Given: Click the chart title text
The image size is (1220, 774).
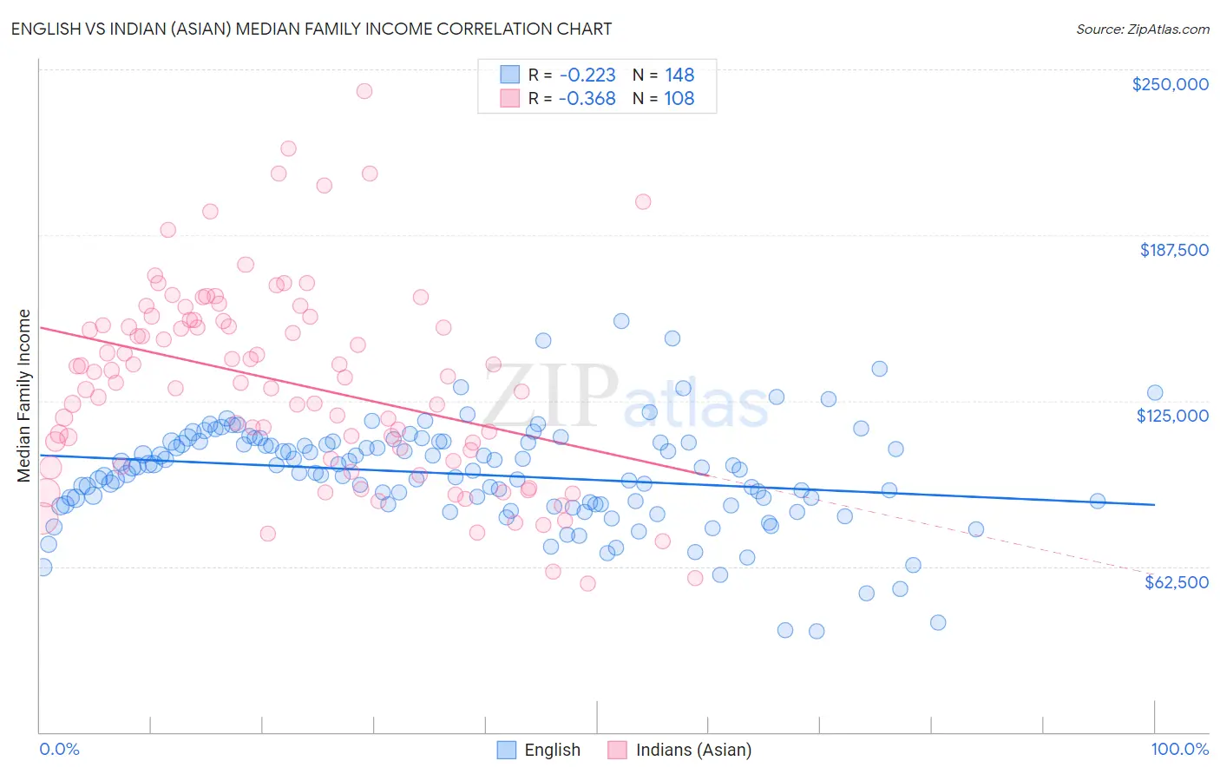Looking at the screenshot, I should pos(312,29).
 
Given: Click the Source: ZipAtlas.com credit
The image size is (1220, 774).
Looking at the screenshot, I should pos(1142,29).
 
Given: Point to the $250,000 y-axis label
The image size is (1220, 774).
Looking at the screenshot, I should pos(1170,84).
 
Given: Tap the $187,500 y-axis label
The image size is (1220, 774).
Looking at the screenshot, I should pos(1173,250).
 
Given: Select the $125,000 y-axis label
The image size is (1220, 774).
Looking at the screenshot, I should pos(1172,416).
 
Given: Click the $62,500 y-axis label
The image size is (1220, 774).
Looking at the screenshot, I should pos(1176,582).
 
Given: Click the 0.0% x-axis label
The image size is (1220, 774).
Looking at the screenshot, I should pos(60,749).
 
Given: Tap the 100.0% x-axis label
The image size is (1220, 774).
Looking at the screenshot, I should pos(1179,749).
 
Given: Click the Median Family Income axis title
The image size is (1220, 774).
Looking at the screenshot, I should pos(24,396).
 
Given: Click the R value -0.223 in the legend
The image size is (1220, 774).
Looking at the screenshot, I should pos(587,75).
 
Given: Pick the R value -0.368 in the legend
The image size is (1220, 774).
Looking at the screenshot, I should pos(587,98).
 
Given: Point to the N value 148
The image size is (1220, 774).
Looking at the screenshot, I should pos(679,75).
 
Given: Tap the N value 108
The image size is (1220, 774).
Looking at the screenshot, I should pos(679,98).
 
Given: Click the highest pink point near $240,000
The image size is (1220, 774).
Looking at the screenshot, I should pos(364,91).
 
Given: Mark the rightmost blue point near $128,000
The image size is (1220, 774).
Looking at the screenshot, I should pos(1154,393).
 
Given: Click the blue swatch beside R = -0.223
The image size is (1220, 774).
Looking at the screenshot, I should pos(509,75).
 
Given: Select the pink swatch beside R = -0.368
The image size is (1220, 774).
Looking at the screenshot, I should pos(509,98).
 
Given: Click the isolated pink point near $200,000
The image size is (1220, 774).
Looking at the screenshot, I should pos(643,201).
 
